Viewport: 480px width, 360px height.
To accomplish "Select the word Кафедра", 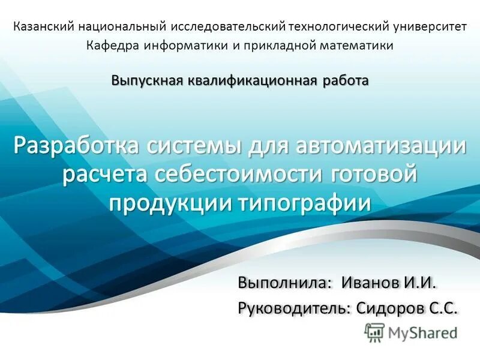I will pyautogui.click(x=109, y=46).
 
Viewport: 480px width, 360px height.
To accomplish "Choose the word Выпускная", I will pyautogui.click(x=146, y=80).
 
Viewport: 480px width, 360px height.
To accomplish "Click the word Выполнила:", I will pyautogui.click(x=285, y=282).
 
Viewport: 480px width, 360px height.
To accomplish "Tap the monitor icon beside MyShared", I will pyautogui.click(x=374, y=332).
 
